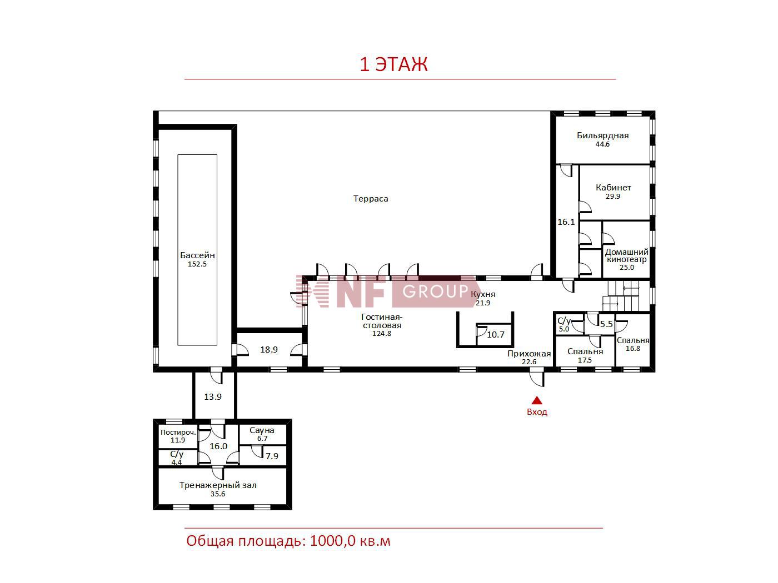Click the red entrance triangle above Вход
pyautogui.click(x=537, y=400)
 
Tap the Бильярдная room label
pyautogui.click(x=602, y=135)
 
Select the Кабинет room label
pyautogui.click(x=613, y=188)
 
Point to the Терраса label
pyautogui.click(x=371, y=199)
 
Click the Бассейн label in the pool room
pyautogui.click(x=197, y=255)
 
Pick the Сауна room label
pyautogui.click(x=262, y=430)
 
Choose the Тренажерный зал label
pyautogui.click(x=218, y=485)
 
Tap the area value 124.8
pyautogui.click(x=381, y=334)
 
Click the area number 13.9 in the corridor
pyautogui.click(x=213, y=397)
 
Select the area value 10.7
pyautogui.click(x=496, y=334)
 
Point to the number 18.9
pyautogui.click(x=269, y=350)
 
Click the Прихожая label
pyautogui.click(x=529, y=354)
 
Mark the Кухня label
pyautogui.click(x=483, y=294)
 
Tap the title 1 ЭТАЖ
pyautogui.click(x=393, y=64)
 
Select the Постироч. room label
pyautogui.click(x=178, y=432)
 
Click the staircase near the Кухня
pyautogui.click(x=626, y=296)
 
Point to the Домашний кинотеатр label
pyautogui.click(x=627, y=255)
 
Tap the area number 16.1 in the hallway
pyautogui.click(x=566, y=222)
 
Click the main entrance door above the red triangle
pyautogui.click(x=537, y=376)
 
